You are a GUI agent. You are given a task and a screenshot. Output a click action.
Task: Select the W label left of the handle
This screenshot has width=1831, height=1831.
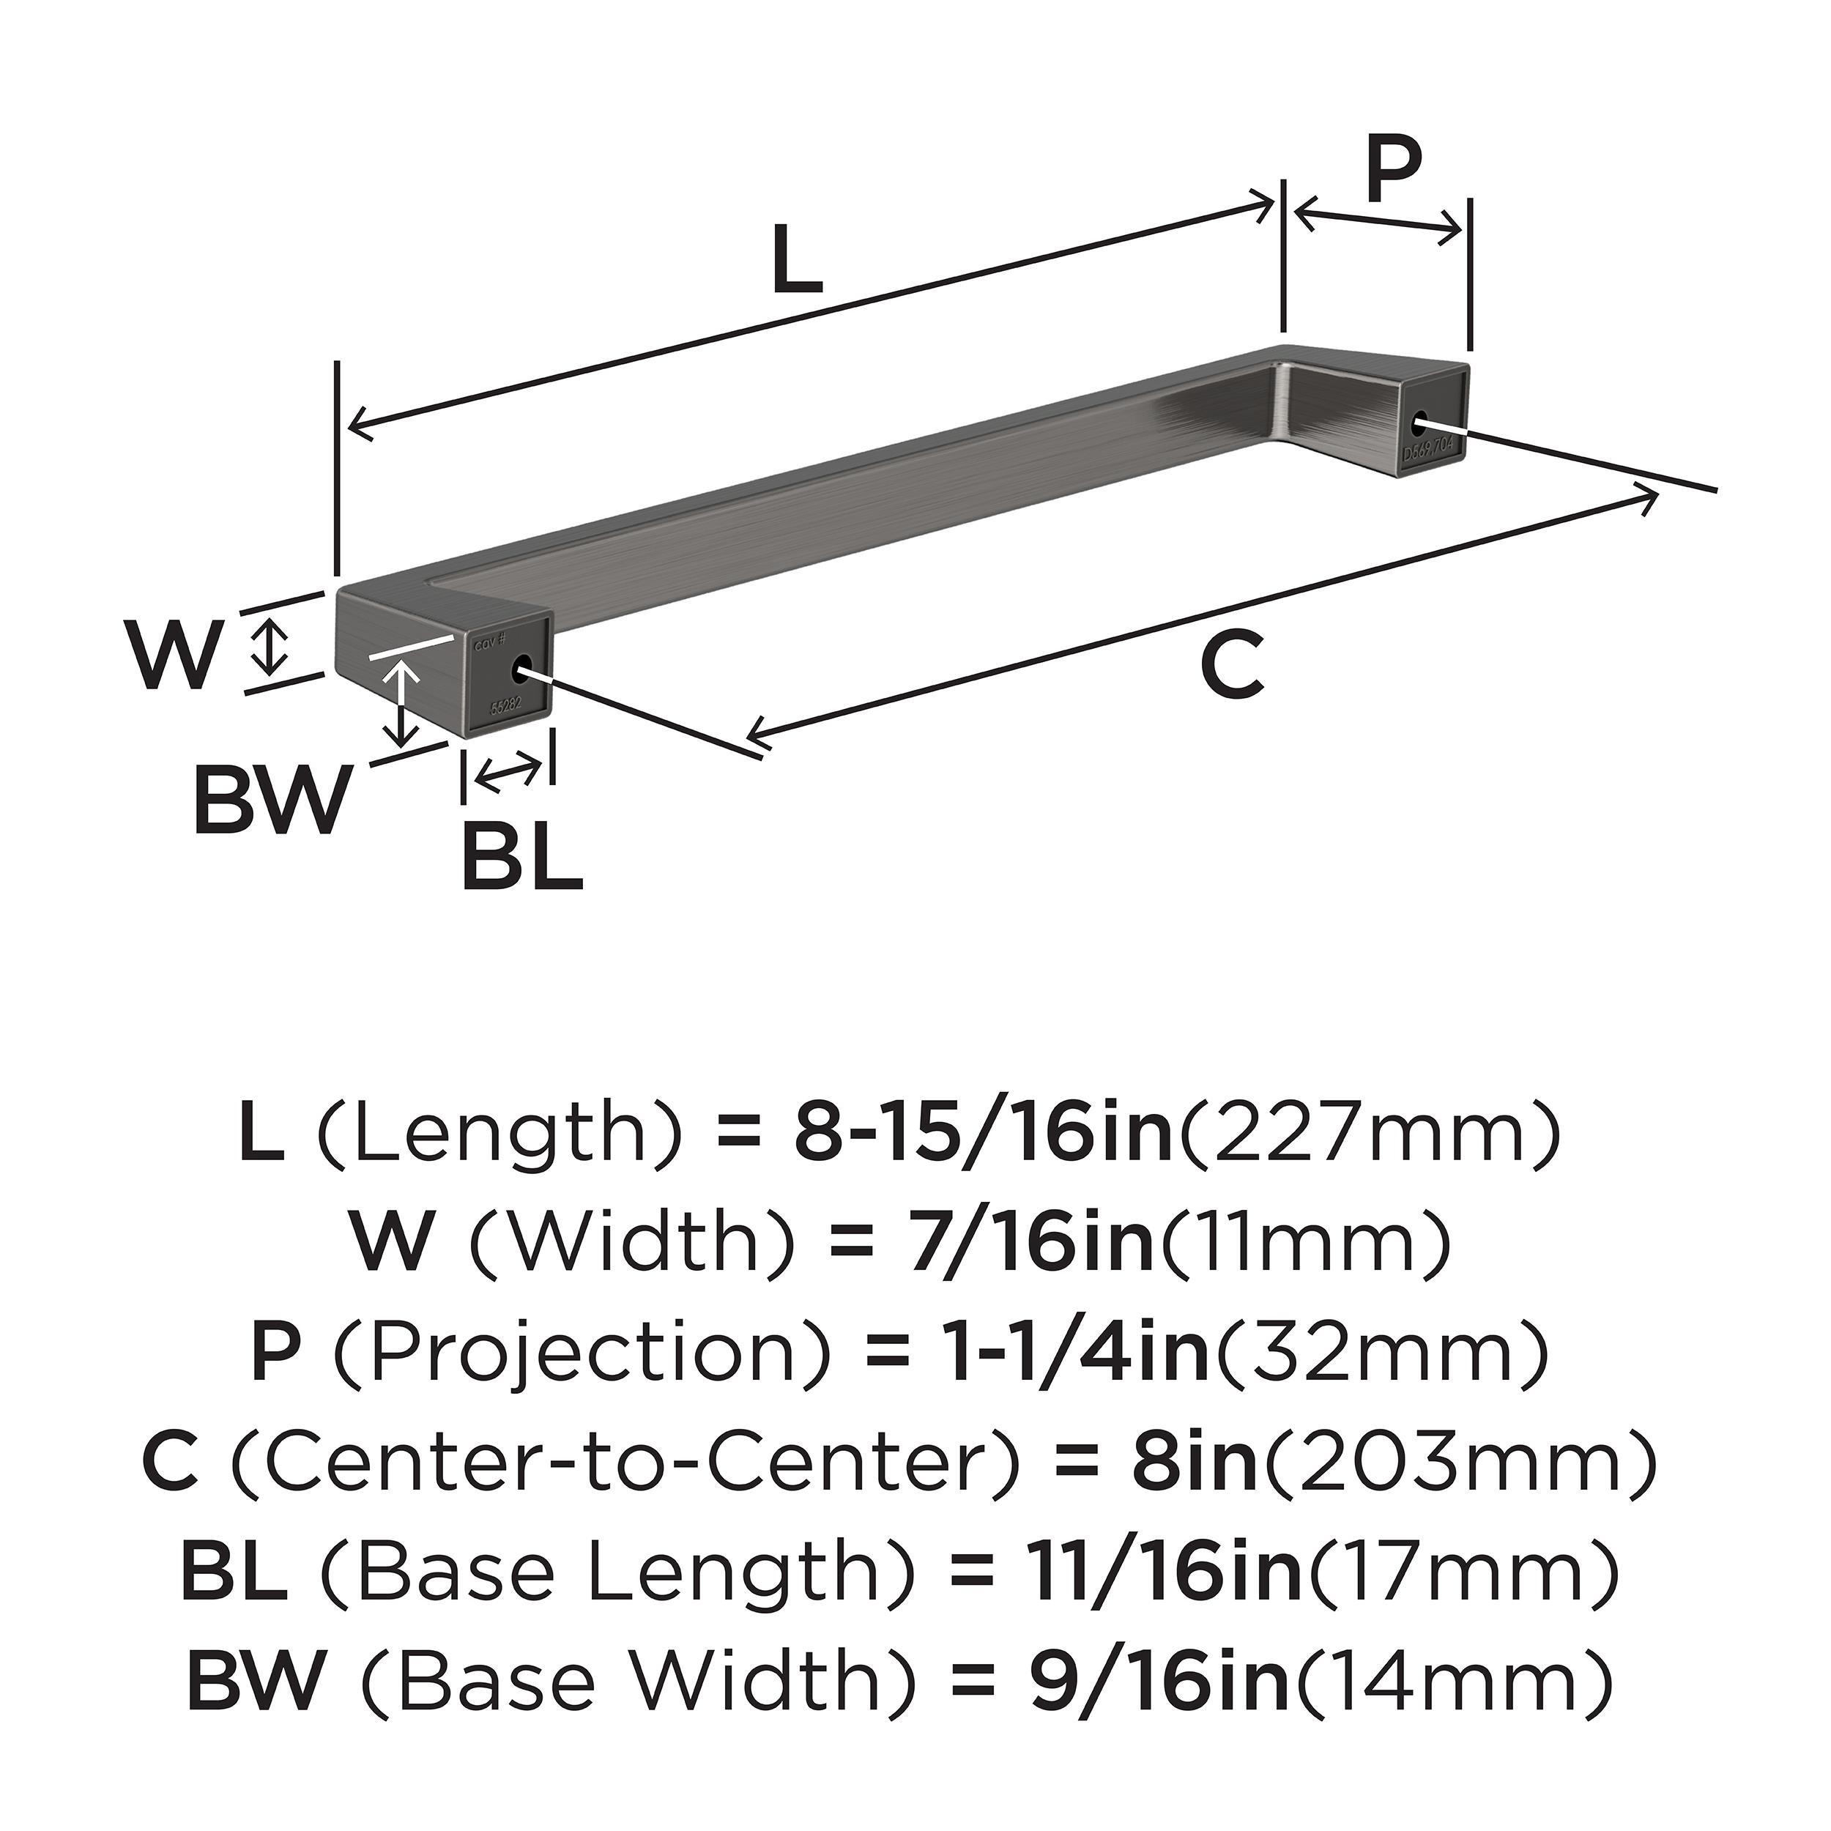click(x=177, y=655)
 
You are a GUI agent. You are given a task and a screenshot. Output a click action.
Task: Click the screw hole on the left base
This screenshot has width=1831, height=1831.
click(x=519, y=670)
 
